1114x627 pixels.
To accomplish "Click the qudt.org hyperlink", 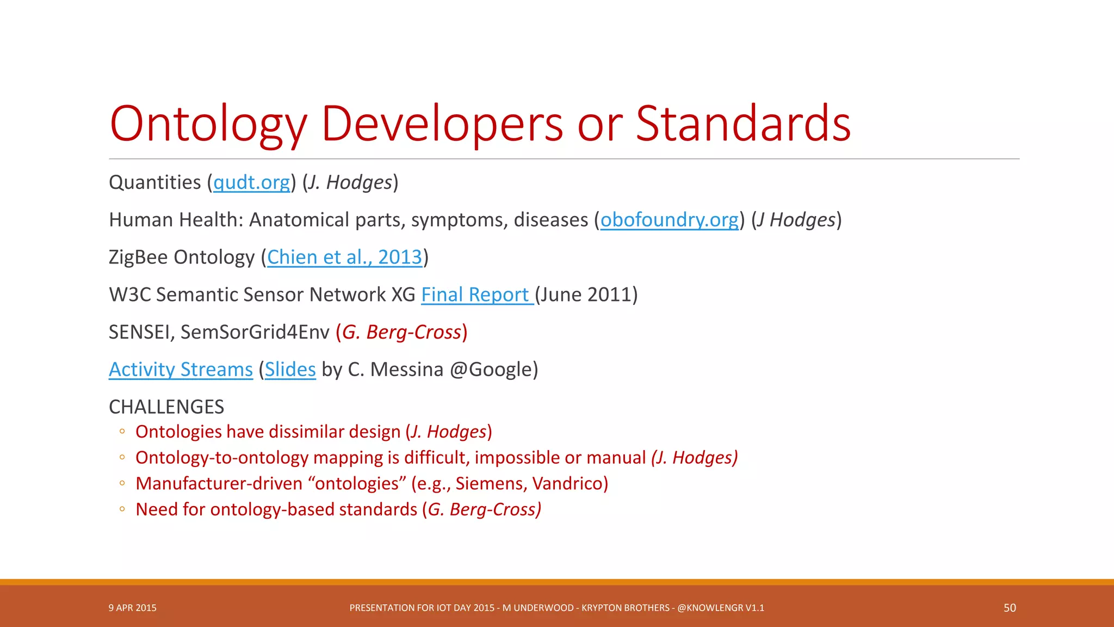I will (251, 183).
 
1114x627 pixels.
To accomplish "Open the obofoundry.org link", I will (669, 220).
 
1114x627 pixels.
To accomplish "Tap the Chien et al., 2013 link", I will (344, 257).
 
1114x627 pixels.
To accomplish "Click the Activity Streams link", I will (181, 370).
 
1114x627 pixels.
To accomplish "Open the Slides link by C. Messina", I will (290, 370).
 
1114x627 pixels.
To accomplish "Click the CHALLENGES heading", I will (166, 407).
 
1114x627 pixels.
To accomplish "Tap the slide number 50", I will (1010, 608).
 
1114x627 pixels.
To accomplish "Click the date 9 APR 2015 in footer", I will (132, 608).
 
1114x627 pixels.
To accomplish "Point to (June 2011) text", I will (586, 295).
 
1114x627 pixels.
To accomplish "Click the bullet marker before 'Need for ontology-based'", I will (122, 509).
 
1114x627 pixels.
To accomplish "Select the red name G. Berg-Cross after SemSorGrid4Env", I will (401, 333).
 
